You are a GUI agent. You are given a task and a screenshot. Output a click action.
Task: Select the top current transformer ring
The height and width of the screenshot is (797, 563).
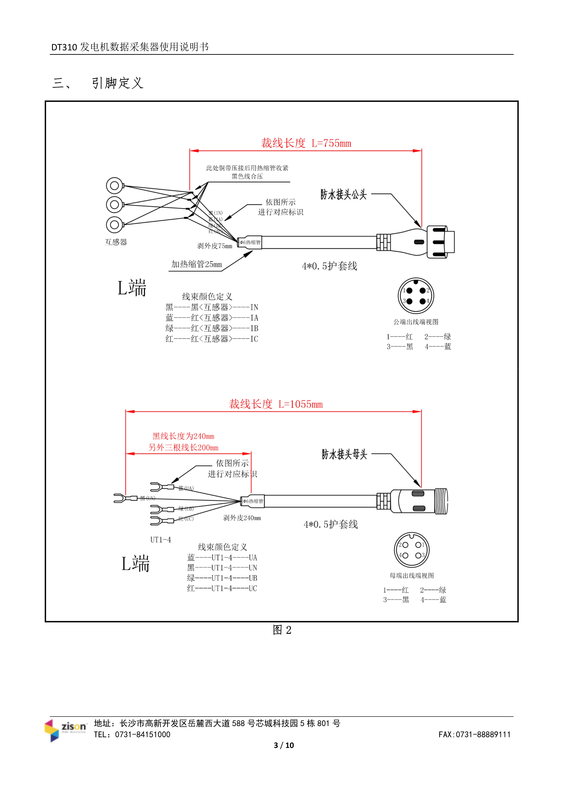(x=114, y=186)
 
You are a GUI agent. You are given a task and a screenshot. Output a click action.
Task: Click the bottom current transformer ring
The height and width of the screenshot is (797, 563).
(x=114, y=225)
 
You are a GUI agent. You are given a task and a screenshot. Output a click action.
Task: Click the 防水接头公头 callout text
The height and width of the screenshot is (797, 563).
(x=343, y=194)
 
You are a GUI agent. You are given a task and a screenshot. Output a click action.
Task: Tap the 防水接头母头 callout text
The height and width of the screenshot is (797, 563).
(x=344, y=454)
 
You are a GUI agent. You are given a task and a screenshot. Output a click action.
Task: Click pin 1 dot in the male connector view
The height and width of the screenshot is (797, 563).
(x=409, y=290)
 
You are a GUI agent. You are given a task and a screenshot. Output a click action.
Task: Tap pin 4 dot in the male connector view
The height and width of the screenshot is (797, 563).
(x=422, y=301)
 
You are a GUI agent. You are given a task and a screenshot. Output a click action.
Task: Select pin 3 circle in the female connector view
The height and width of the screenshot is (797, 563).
(x=418, y=555)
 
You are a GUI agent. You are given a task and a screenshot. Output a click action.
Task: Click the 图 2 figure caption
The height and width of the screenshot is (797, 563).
(x=282, y=630)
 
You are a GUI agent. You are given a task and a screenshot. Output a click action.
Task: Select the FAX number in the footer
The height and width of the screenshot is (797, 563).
(x=474, y=734)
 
